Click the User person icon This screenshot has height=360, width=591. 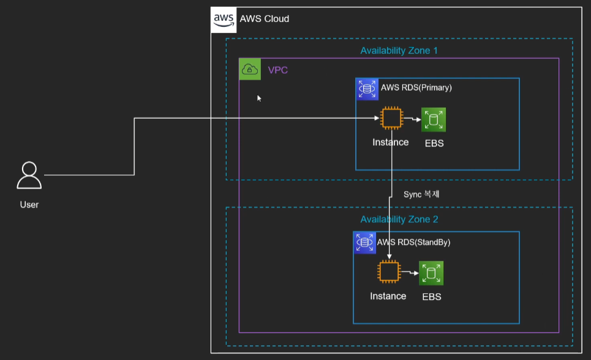(x=29, y=175)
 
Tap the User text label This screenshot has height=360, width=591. (x=29, y=204)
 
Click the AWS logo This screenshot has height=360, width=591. (x=224, y=20)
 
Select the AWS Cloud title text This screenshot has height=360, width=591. (x=265, y=19)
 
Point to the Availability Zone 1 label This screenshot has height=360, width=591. (x=399, y=51)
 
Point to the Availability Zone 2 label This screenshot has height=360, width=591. (x=399, y=219)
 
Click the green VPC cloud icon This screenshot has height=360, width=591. (x=250, y=69)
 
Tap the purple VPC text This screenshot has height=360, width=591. (x=278, y=70)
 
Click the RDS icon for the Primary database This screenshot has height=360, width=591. (x=367, y=89)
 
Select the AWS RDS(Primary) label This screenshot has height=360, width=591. (x=416, y=88)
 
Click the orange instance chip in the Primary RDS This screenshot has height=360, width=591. (x=391, y=118)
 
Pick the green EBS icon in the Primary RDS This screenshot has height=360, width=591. (x=434, y=120)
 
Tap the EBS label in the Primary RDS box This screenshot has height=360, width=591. (x=434, y=143)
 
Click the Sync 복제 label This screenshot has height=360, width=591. (x=421, y=194)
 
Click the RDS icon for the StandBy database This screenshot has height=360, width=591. (x=364, y=243)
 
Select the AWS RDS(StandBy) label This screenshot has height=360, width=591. (x=413, y=242)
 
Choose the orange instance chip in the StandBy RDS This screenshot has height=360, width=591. (x=389, y=271)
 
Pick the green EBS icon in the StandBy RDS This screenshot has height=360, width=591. (x=431, y=273)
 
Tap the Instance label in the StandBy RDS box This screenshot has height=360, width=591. (x=388, y=296)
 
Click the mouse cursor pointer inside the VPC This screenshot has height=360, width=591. (x=259, y=99)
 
